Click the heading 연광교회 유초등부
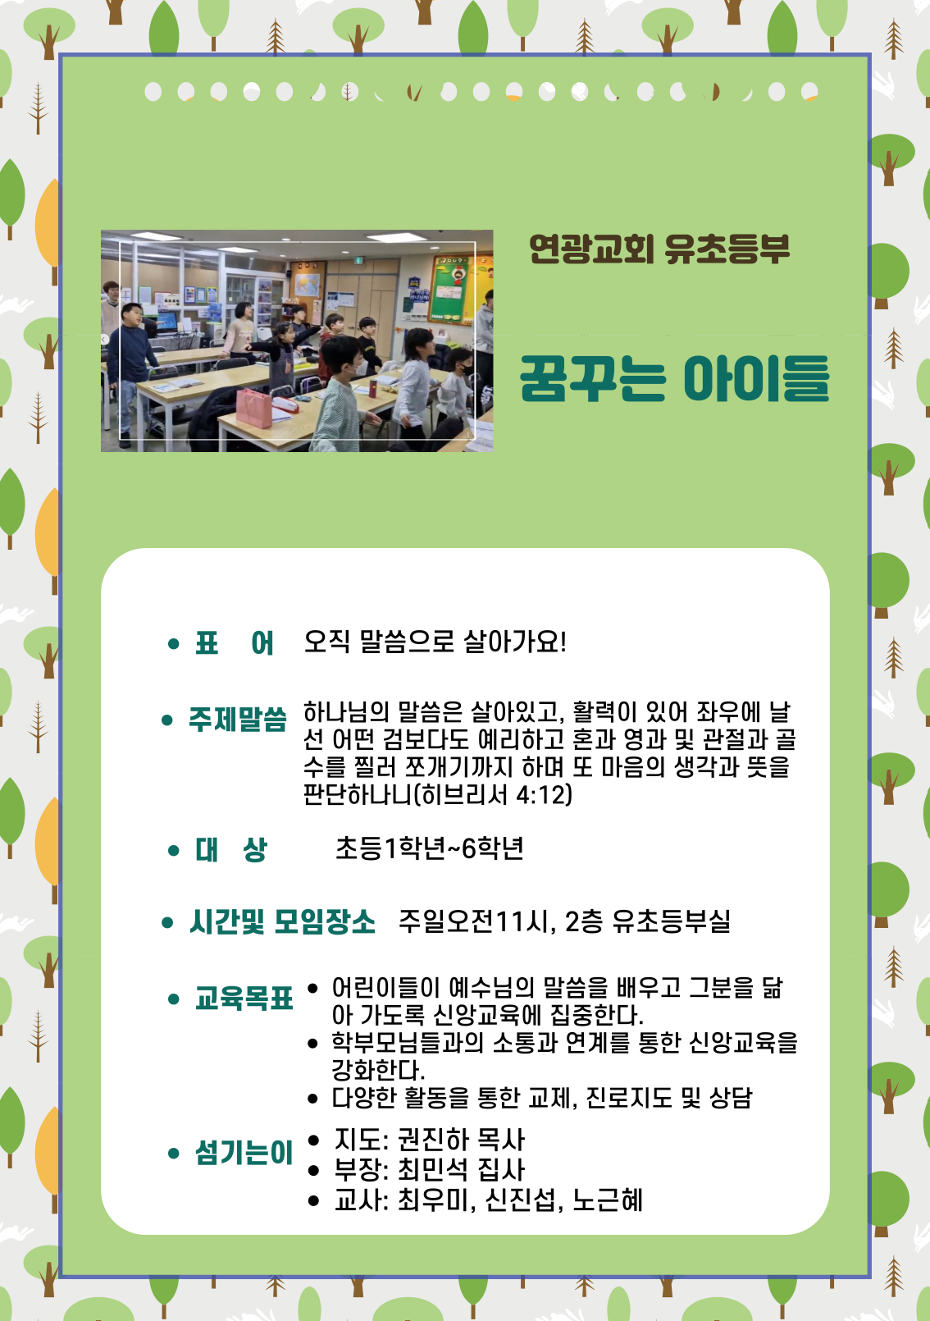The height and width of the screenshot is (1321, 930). click(659, 249)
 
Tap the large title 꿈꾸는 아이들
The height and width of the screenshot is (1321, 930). click(675, 378)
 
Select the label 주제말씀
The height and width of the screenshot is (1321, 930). click(238, 720)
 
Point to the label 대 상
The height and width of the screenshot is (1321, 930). click(231, 850)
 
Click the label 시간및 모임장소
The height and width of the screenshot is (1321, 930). click(282, 921)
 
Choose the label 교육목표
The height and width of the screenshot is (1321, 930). click(244, 999)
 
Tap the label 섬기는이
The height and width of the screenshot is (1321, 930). click(244, 1152)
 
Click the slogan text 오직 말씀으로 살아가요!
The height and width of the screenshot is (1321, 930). click(435, 642)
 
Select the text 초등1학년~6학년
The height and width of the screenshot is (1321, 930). click(430, 848)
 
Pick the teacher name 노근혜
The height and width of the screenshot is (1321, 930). click(608, 1200)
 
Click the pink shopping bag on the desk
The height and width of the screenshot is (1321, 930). click(254, 408)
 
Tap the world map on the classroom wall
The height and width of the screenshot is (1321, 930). click(307, 286)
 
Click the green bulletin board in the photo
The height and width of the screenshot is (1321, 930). click(452, 290)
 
